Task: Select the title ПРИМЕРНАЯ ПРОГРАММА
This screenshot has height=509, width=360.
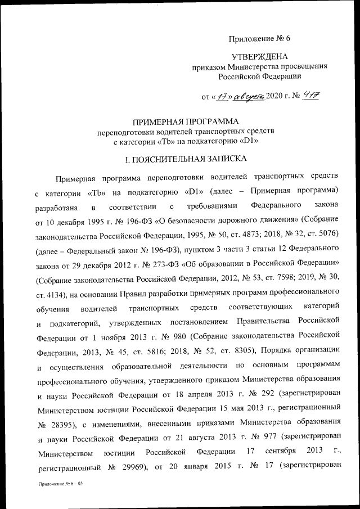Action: [x=185, y=121]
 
